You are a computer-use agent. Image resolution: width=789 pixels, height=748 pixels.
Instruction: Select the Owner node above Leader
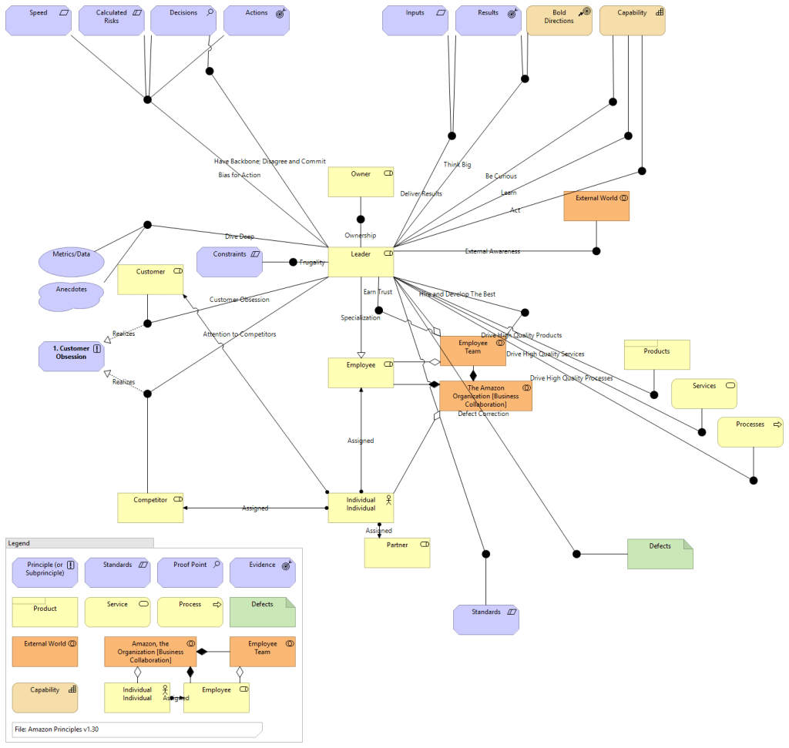tap(361, 182)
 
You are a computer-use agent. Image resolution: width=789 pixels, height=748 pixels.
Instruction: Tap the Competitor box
tap(150, 508)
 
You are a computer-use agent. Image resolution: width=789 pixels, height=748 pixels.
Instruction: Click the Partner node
tap(397, 552)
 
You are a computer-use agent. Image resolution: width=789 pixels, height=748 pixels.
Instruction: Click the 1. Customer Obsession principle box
tap(71, 356)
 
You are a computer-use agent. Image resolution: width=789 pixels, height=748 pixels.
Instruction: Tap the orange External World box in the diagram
tap(596, 206)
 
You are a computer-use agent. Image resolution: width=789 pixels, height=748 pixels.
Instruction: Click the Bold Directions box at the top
tap(559, 21)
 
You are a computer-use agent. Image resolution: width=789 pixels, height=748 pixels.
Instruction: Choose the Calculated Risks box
tap(112, 21)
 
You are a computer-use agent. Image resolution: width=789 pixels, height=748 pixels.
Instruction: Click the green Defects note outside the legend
tap(660, 554)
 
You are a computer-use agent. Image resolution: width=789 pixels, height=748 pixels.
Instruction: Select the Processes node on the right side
tap(750, 432)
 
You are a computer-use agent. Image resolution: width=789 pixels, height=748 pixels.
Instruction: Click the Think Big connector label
tap(457, 165)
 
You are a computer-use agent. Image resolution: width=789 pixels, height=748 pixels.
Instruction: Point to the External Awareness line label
tap(492, 251)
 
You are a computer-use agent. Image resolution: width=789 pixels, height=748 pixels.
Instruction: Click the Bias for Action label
tap(239, 175)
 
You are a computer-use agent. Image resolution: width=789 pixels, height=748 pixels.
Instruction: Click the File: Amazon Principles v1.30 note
tap(137, 729)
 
